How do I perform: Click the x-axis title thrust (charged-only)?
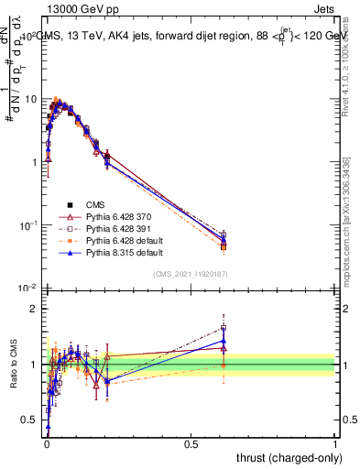click(286, 457)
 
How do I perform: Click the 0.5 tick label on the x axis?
click(191, 443)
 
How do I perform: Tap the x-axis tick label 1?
click(336, 443)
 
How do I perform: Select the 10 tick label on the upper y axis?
click(31, 98)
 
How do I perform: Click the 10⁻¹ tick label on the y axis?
click(29, 224)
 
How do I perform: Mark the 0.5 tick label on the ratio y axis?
click(31, 420)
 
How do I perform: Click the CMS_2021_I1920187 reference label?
click(191, 274)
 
